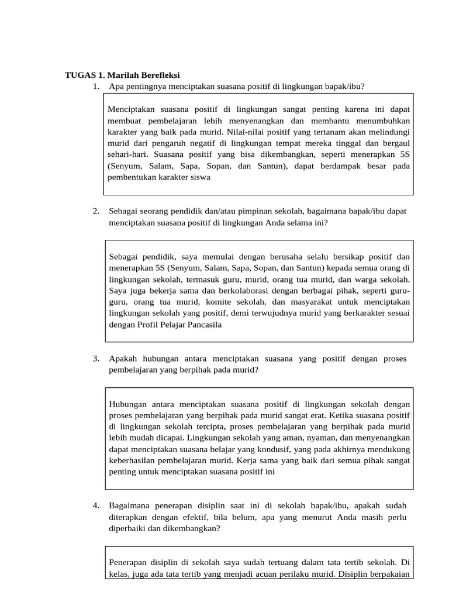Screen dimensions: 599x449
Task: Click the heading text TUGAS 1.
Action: [x=84, y=75]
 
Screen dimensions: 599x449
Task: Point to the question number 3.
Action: [x=95, y=358]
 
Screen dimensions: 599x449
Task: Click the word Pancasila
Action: [x=202, y=325]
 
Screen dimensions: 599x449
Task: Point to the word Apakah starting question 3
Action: [x=124, y=358]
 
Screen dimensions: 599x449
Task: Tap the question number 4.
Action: [x=95, y=505]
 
